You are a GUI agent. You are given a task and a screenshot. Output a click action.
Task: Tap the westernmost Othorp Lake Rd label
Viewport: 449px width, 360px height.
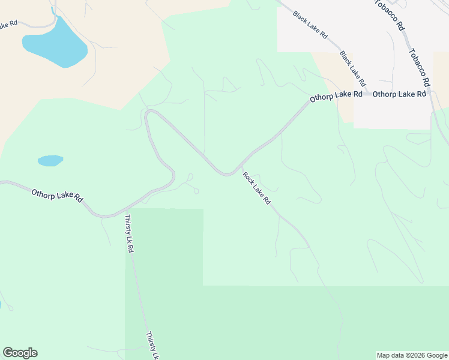tap(58, 196)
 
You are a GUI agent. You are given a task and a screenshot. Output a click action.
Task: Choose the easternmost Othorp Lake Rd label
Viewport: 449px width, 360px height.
tap(399, 94)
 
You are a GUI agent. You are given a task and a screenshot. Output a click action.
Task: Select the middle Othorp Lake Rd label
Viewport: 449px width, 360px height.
tap(336, 95)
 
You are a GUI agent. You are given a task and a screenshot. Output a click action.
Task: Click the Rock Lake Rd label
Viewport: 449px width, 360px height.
tap(257, 188)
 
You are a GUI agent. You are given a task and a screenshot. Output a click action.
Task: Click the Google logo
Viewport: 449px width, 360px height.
tap(20, 353)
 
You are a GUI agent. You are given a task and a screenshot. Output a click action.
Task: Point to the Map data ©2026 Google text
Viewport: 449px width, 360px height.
tap(412, 355)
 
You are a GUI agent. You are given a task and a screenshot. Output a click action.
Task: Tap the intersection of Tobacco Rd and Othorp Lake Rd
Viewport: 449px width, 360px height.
tap(431, 95)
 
